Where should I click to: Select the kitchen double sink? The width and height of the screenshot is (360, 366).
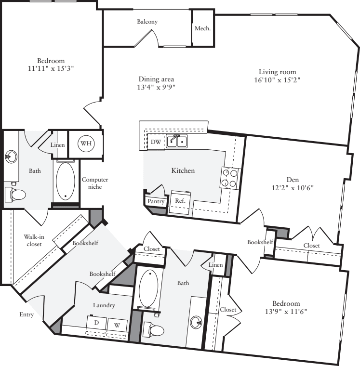pos(177,141)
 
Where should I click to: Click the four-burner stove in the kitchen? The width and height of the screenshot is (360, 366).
pos(230,178)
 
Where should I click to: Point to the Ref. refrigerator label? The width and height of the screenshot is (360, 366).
pos(179,201)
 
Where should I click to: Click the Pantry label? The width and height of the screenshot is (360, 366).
pos(156,201)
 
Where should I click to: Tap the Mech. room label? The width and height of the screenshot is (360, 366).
pos(202,28)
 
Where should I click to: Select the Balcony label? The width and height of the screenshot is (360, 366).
pos(147,22)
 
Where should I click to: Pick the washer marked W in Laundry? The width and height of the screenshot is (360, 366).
pos(117,324)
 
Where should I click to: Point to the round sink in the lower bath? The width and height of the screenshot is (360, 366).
pos(196,321)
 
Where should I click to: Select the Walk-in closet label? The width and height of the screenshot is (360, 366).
pos(33,240)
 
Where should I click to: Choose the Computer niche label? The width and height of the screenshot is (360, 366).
pos(94,183)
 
